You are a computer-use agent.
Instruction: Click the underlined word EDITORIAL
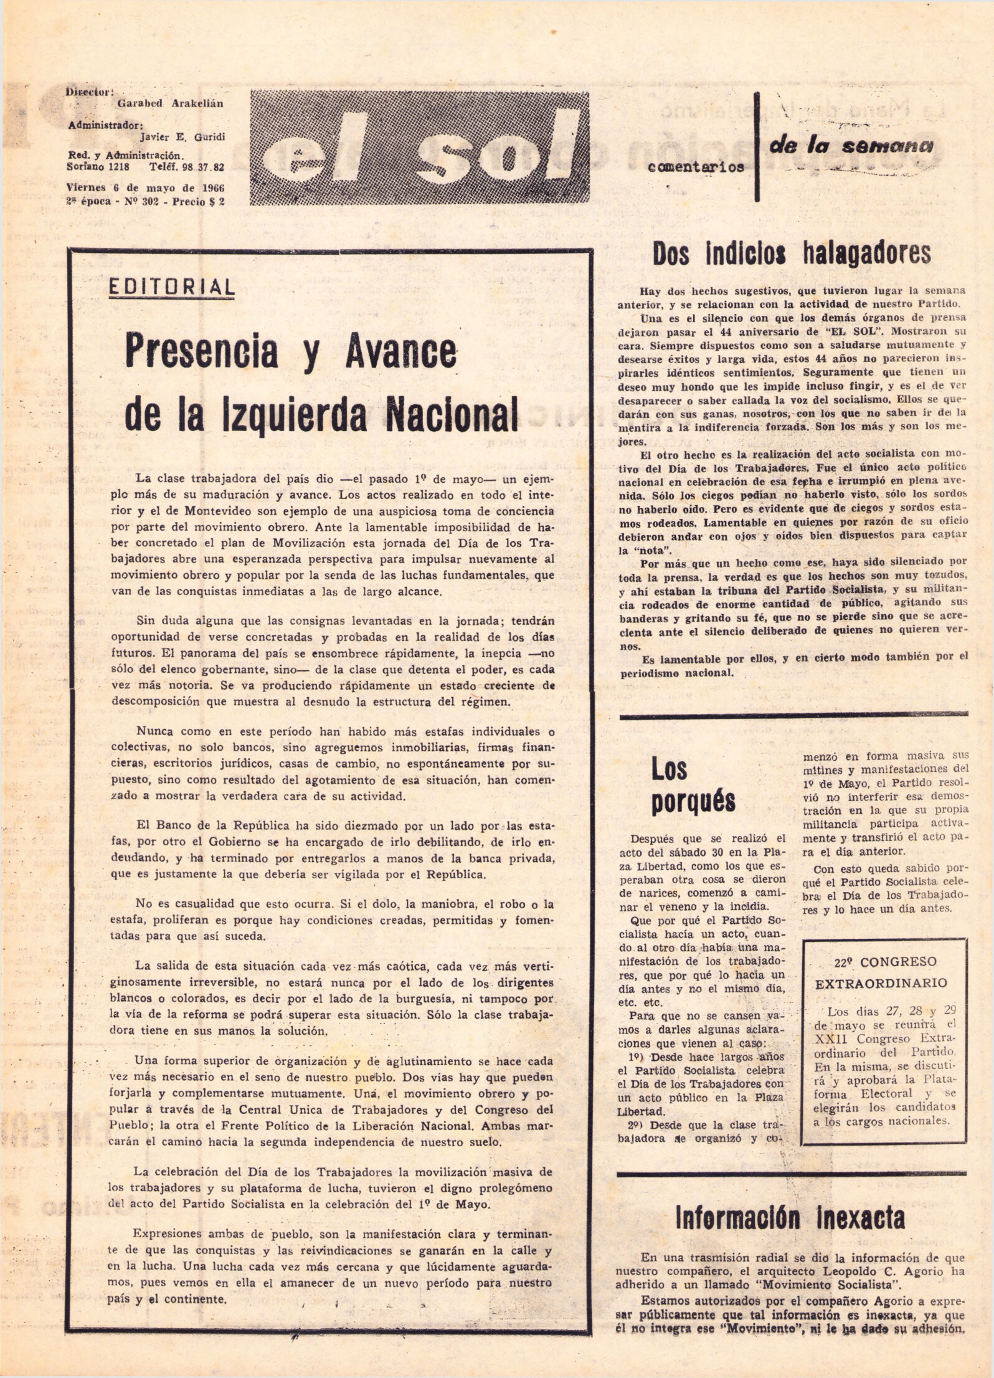coord(172,287)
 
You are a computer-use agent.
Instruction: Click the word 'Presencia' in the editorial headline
coord(202,351)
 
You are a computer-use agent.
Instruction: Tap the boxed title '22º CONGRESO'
coord(885,961)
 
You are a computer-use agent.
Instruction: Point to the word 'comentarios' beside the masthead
coord(696,166)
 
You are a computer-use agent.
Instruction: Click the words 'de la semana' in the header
coord(851,146)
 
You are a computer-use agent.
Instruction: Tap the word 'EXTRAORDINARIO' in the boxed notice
coord(881,983)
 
